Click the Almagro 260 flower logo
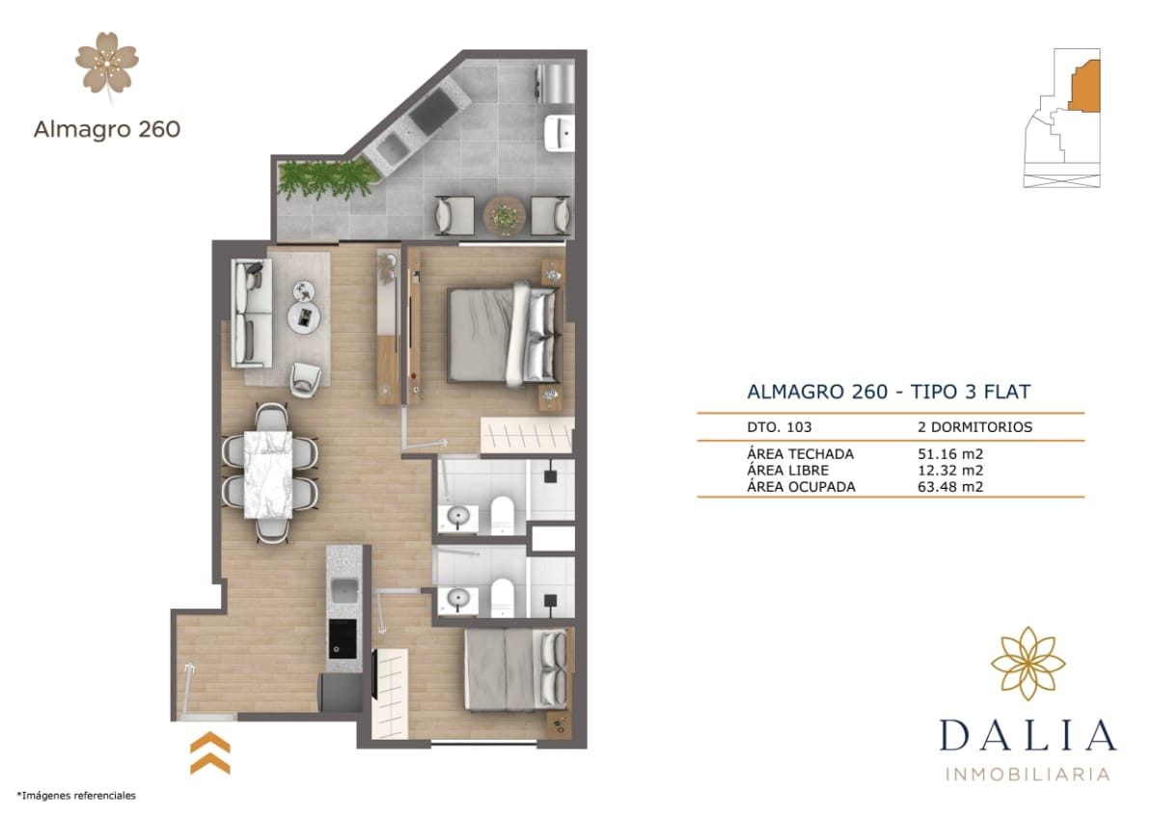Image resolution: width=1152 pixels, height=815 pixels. tap(107, 64)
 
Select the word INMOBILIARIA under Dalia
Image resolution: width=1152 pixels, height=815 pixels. tap(1028, 774)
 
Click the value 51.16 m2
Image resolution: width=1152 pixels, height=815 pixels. tap(950, 454)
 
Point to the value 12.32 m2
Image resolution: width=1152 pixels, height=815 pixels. tap(950, 471)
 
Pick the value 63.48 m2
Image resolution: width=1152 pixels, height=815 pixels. tap(950, 487)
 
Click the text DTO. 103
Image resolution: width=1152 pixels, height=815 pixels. tap(780, 426)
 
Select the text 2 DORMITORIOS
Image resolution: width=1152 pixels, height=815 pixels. tap(974, 426)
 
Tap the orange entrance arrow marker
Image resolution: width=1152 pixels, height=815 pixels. tap(209, 752)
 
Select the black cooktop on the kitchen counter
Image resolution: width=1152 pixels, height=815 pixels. tap(342, 638)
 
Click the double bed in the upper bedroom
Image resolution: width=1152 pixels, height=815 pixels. tap(502, 333)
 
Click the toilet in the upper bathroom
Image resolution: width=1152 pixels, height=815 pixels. tap(503, 515)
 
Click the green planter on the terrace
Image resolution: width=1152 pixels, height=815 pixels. tap(325, 178)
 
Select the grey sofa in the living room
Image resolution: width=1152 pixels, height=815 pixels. tap(250, 313)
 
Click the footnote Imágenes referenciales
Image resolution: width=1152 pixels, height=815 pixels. tap(76, 796)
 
